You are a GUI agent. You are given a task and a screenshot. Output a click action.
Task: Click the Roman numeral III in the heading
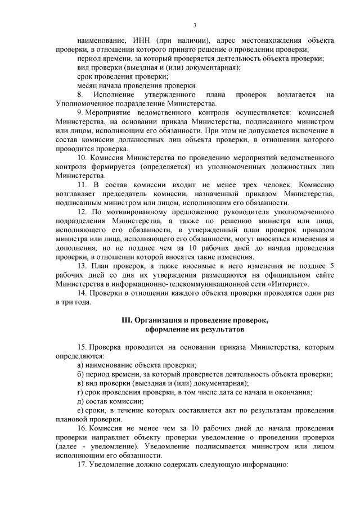click(x=127, y=320)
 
